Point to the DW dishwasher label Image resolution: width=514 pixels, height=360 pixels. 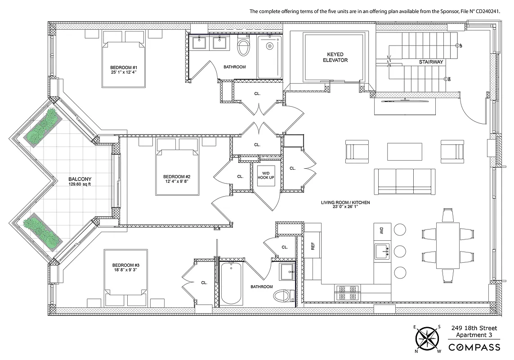point(381,231)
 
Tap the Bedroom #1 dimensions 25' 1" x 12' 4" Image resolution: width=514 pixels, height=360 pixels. point(121,72)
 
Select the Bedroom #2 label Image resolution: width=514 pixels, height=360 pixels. point(177,176)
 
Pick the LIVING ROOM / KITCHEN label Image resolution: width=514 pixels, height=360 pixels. point(345,203)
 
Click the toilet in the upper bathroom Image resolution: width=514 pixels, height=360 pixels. point(243,47)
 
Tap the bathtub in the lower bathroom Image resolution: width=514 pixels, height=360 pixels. point(232,284)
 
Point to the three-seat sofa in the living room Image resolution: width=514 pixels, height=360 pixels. point(404,182)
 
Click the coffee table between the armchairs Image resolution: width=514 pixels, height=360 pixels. point(405,151)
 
